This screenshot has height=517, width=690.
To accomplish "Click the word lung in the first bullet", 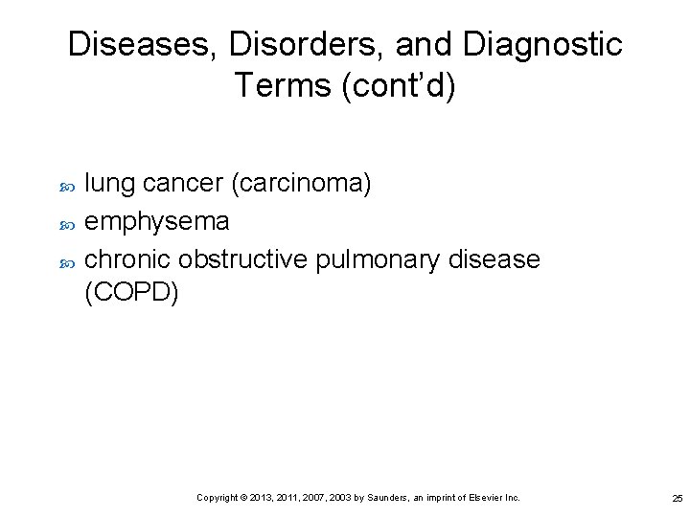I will click(x=106, y=183).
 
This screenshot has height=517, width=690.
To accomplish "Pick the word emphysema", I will click(x=157, y=221).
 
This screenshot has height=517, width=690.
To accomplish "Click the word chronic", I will click(x=127, y=259).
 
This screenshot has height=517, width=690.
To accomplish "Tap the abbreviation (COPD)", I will click(x=132, y=293).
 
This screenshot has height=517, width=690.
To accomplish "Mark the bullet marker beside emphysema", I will click(x=66, y=222).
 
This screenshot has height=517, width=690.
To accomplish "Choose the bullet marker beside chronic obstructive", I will click(x=66, y=260).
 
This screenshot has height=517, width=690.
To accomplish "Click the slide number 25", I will click(x=678, y=498).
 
